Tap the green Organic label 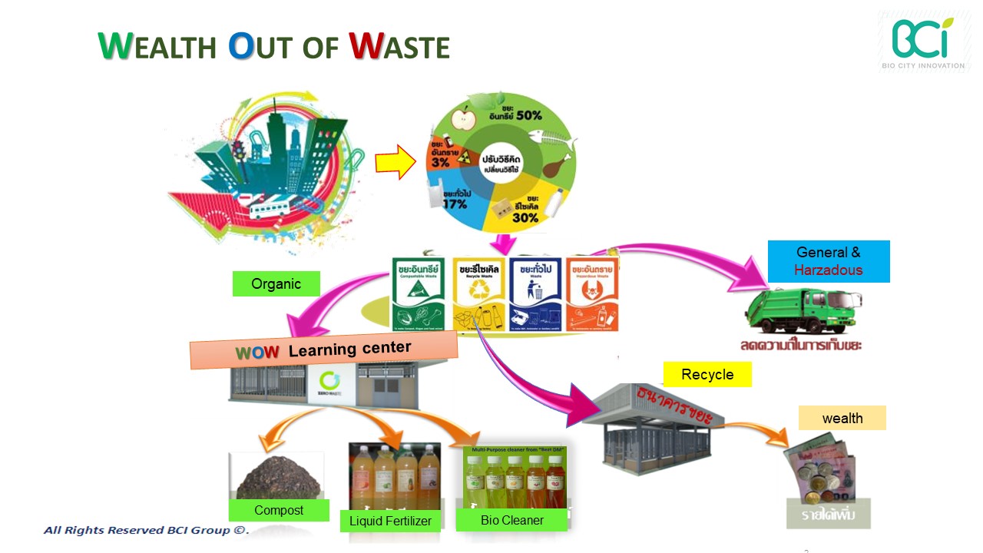coord(276,284)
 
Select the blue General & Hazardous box coord(829,261)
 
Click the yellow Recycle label coord(707,375)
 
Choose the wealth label coord(842,418)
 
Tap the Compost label coord(279,510)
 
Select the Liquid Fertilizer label coord(391,521)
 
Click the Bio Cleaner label coord(511,520)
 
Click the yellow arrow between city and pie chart coord(396,163)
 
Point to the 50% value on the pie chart coord(528,115)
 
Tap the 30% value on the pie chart coord(525,217)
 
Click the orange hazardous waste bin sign coord(592,293)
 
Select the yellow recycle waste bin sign coord(479,293)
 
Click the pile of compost coord(276,480)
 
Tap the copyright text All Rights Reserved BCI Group coord(146,530)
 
